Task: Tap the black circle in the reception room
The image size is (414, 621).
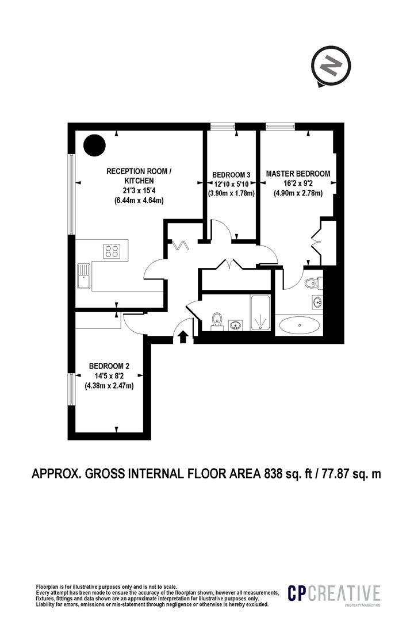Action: click(x=94, y=145)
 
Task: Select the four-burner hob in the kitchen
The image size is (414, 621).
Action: click(x=112, y=251)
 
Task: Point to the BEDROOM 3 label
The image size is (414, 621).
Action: click(x=231, y=175)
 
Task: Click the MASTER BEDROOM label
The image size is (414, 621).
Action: click(x=297, y=174)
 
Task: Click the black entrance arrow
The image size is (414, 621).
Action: click(x=183, y=337)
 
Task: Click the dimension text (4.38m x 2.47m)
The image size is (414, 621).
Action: click(x=109, y=386)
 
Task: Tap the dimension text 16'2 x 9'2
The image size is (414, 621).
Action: click(x=297, y=183)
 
